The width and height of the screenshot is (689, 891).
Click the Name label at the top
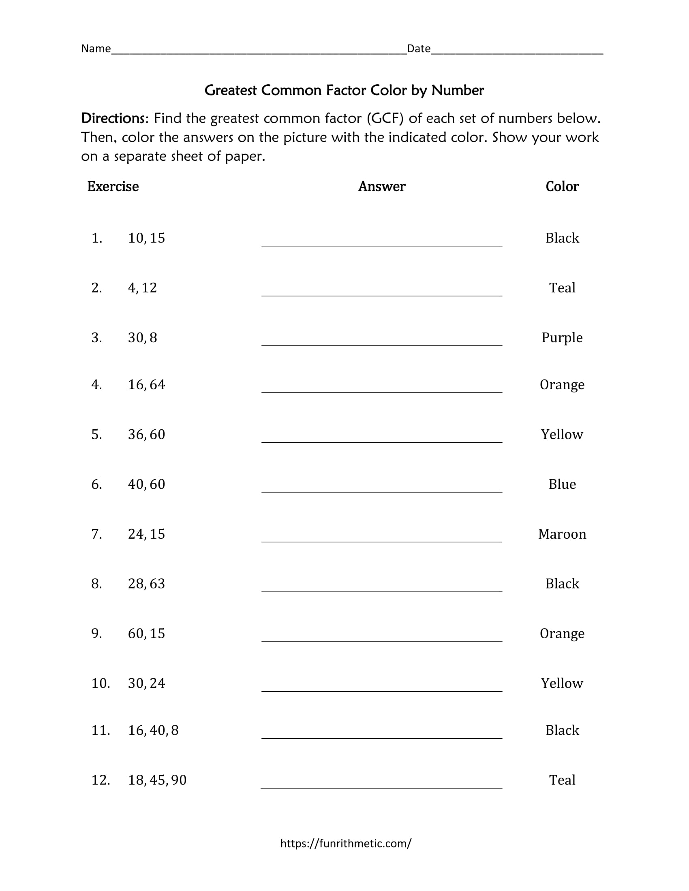pyautogui.click(x=96, y=49)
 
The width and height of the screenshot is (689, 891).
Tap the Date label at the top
pyautogui.click(x=419, y=49)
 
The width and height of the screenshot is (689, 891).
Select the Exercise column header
pyautogui.click(x=113, y=186)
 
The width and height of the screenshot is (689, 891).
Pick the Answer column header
pyautogui.click(x=382, y=186)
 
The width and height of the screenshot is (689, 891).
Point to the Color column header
pyautogui.click(x=562, y=186)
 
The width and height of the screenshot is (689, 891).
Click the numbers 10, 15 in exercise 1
pyautogui.click(x=147, y=238)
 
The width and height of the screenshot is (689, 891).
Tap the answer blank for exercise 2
pyautogui.click(x=382, y=290)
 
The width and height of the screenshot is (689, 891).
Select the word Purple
pyautogui.click(x=562, y=338)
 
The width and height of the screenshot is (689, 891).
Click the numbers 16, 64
pyautogui.click(x=147, y=385)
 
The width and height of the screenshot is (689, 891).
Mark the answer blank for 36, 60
pyautogui.click(x=382, y=437)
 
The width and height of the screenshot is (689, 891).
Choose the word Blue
pyautogui.click(x=562, y=484)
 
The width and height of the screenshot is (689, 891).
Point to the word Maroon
pyautogui.click(x=562, y=534)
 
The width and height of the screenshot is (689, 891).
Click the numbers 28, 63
pyautogui.click(x=147, y=584)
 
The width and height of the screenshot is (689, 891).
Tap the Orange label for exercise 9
pyautogui.click(x=562, y=633)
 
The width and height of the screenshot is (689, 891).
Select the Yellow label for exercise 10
pyautogui.click(x=562, y=683)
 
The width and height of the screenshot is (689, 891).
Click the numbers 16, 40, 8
pyautogui.click(x=154, y=730)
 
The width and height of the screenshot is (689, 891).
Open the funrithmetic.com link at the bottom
pyautogui.click(x=346, y=843)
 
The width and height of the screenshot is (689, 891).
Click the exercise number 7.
pyautogui.click(x=97, y=534)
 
